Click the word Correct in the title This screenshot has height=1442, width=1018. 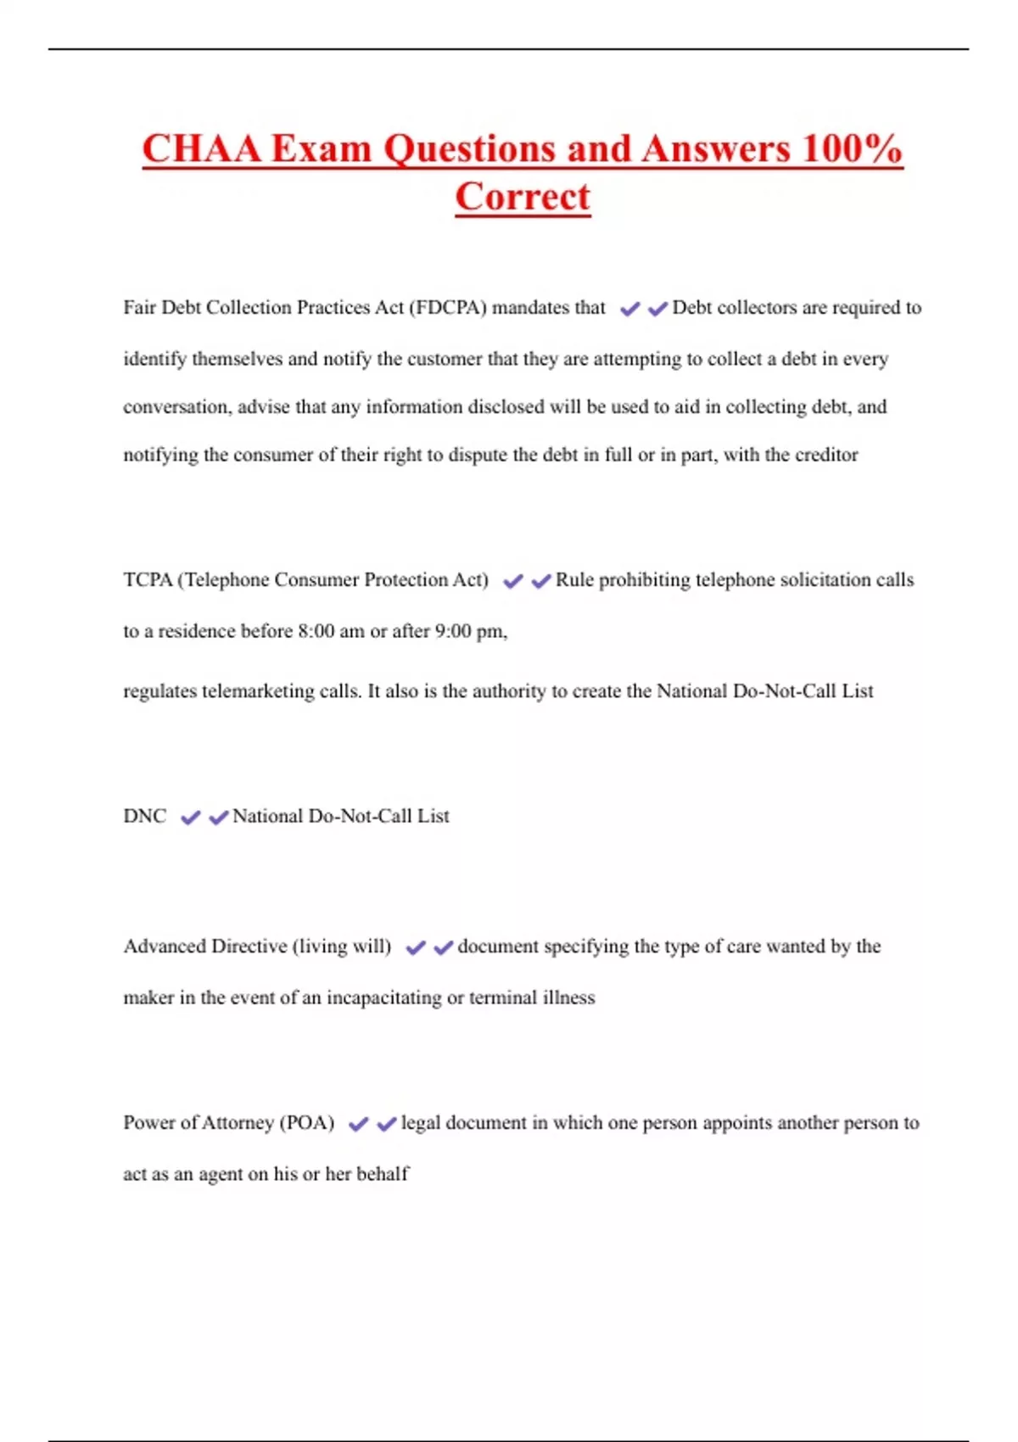[x=523, y=197]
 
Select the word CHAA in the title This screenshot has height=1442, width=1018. [x=201, y=149]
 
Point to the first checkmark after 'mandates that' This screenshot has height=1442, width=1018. [x=629, y=310]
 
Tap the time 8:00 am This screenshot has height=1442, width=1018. [x=331, y=632]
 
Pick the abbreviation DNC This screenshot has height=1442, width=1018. [x=145, y=816]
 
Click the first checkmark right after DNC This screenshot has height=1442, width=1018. [x=191, y=818]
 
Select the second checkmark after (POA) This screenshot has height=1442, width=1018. [x=387, y=1125]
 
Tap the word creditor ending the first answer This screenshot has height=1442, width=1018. [x=826, y=456]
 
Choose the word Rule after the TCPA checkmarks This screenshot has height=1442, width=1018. [x=574, y=580]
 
